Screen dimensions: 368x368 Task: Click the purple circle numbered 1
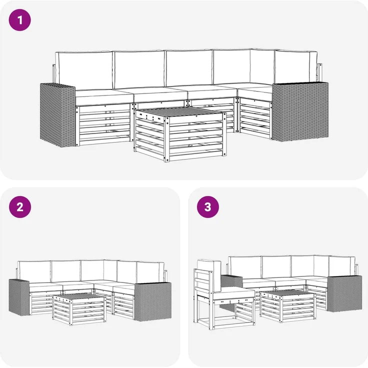[x=19, y=20]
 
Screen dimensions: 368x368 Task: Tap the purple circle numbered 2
[x=20, y=207]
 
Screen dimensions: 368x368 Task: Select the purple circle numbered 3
[x=208, y=207]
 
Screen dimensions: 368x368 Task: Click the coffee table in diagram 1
[x=180, y=134]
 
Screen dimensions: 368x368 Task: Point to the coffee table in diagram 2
[x=79, y=309]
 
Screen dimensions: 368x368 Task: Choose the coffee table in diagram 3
[x=287, y=306]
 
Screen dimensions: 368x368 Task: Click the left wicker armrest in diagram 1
[x=57, y=115]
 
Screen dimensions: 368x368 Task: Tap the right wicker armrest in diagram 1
[x=300, y=111]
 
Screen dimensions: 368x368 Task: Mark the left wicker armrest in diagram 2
[x=19, y=297]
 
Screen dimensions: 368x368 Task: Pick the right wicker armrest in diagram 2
[x=152, y=301]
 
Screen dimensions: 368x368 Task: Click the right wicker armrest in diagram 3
[x=344, y=294]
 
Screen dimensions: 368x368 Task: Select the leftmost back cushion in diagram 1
[x=84, y=70]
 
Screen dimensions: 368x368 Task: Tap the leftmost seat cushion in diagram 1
[x=103, y=97]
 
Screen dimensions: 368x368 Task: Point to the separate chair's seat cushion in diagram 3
[x=234, y=293]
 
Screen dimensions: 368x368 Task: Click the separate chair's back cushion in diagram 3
[x=209, y=275]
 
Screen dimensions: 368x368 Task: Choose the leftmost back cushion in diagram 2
[x=34, y=271]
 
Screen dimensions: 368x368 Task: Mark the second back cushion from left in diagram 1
[x=139, y=69]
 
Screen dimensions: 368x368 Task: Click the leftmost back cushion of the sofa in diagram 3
[x=245, y=267]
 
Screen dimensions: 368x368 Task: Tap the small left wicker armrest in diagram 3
[x=231, y=281]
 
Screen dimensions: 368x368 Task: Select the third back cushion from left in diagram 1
[x=189, y=68]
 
